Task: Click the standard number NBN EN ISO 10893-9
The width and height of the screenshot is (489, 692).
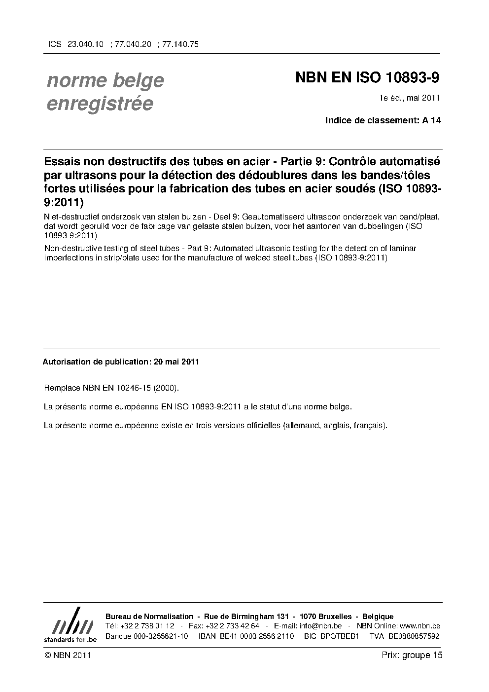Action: pyautogui.click(x=367, y=78)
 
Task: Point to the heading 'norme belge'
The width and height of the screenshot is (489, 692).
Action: pyautogui.click(x=105, y=80)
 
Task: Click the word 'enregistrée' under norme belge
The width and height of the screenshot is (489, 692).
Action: pyautogui.click(x=100, y=104)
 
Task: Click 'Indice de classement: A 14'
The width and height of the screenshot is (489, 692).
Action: pyautogui.click(x=383, y=120)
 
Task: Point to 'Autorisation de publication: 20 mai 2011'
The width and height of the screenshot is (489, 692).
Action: pyautogui.click(x=121, y=362)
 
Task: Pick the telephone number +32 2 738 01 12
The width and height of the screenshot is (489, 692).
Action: pyautogui.click(x=147, y=626)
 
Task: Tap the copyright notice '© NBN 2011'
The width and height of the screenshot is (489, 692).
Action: pyautogui.click(x=67, y=656)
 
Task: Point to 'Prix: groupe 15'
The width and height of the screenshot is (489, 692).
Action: pyautogui.click(x=412, y=656)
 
